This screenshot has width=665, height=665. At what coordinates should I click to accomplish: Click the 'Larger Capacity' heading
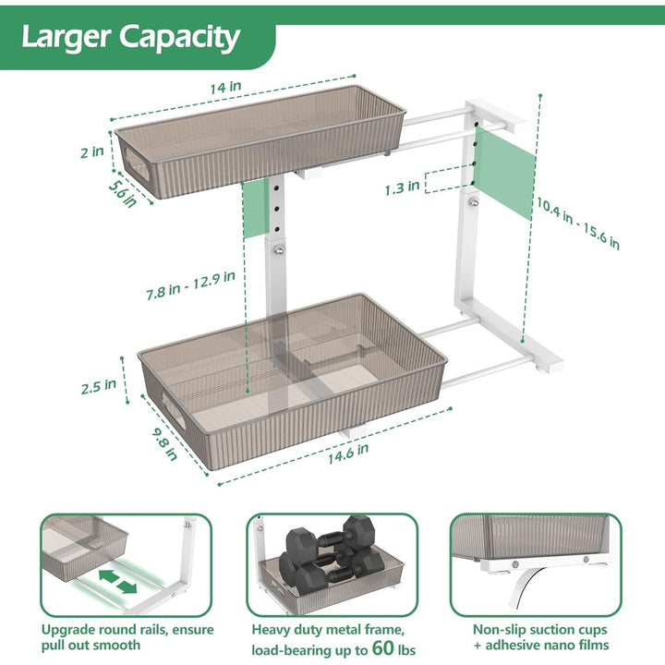(x=130, y=38)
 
